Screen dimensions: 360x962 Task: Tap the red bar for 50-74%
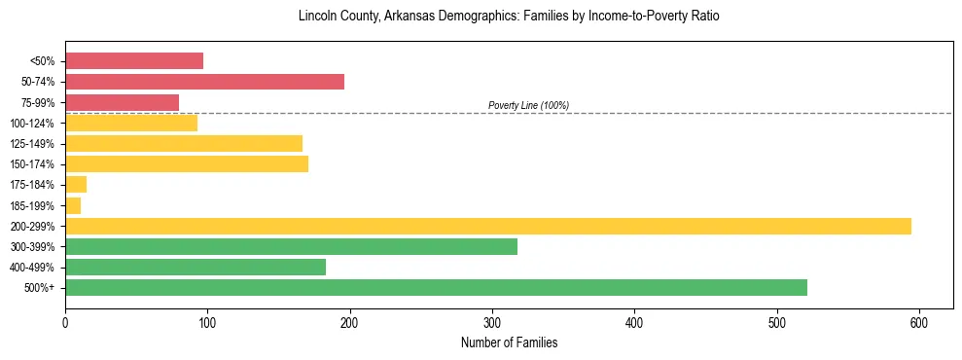[x=204, y=82]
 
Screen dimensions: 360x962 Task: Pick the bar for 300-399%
[x=291, y=246]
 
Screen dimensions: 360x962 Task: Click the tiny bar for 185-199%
[x=73, y=205]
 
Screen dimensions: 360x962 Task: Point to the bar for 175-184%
[x=76, y=185]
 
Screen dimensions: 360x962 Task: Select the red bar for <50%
[x=134, y=61]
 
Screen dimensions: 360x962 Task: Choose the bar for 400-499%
[x=196, y=267]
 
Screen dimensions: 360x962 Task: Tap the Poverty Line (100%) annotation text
[x=528, y=105]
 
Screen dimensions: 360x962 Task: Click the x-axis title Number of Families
[x=509, y=342]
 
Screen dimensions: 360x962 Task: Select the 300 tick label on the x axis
[x=492, y=321]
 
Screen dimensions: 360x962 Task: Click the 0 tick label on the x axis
[x=65, y=321]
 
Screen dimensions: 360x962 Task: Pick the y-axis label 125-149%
[x=32, y=144]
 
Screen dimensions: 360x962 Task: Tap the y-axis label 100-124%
[x=32, y=124]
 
